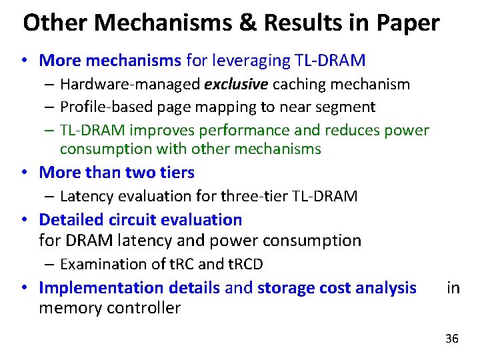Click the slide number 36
tap(451, 339)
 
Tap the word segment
tap(349, 107)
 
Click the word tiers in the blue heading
tap(177, 172)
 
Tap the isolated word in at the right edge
tap(453, 288)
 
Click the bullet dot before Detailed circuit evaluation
tap(23, 219)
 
